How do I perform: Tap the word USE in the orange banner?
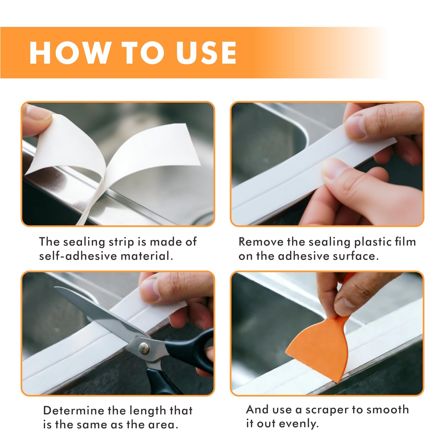(x=206, y=53)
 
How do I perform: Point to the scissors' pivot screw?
(x=144, y=347)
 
